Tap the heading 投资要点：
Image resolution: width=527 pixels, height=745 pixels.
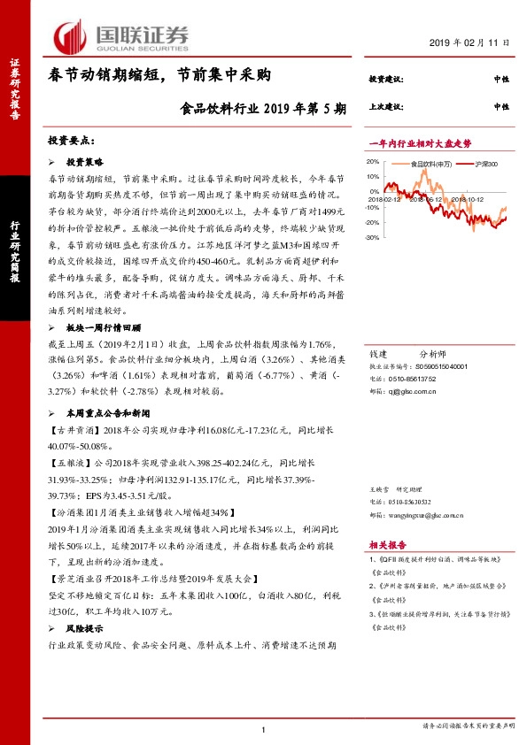[71, 141]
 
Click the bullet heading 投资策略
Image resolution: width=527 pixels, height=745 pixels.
[85, 164]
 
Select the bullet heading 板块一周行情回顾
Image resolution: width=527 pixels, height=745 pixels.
[104, 326]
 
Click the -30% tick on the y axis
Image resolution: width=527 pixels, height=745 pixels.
[373, 238]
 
